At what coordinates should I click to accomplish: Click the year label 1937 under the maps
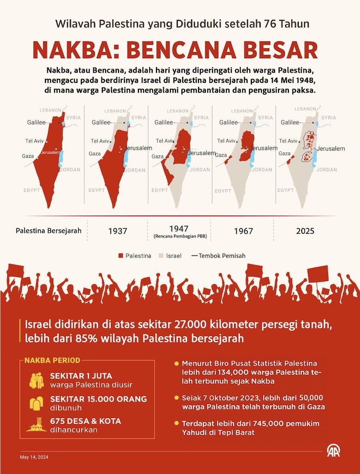pyautogui.click(x=118, y=231)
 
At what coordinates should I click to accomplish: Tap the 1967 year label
pyautogui.click(x=243, y=231)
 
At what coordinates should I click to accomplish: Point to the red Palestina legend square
pyautogui.click(x=121, y=256)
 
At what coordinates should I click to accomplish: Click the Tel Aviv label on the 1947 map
pyautogui.click(x=165, y=141)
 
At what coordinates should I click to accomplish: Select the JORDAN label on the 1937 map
pyautogui.click(x=135, y=170)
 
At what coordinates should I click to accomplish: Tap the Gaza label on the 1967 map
pyautogui.click(x=221, y=155)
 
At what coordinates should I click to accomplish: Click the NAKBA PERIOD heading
pyautogui.click(x=52, y=360)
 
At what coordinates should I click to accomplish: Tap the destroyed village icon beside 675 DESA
pyautogui.click(x=36, y=425)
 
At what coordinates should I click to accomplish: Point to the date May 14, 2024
pyautogui.click(x=34, y=457)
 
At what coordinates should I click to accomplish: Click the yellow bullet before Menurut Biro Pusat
pyautogui.click(x=176, y=363)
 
